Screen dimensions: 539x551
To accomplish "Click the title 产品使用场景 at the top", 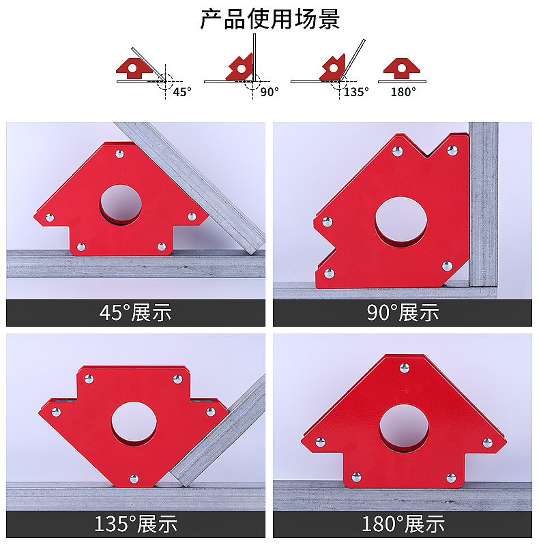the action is [x=269, y=18].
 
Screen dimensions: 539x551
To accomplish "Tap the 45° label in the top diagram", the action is [x=182, y=91].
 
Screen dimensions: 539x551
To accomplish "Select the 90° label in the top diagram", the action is [x=269, y=91].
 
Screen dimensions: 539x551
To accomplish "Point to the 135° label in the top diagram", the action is [x=356, y=91].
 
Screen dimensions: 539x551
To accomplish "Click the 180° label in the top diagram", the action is [x=403, y=91].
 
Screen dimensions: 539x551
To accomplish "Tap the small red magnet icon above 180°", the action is [x=402, y=68].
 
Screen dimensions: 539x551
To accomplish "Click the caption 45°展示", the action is [x=135, y=312].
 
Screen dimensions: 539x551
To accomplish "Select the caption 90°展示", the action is [x=403, y=312].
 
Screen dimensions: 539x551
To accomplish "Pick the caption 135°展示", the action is [x=135, y=524].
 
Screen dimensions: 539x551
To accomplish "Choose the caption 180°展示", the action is [x=403, y=524].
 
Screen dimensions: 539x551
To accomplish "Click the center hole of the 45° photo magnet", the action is [x=121, y=204].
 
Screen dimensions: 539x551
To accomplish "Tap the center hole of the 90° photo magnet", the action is [x=400, y=222].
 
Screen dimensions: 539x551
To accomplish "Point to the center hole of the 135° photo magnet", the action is [x=134, y=423].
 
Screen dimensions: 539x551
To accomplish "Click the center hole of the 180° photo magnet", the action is [x=404, y=428].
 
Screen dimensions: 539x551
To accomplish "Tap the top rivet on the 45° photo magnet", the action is [x=119, y=154].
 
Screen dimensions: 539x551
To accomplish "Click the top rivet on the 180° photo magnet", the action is [x=405, y=368].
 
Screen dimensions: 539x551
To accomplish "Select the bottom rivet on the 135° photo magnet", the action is [x=134, y=479].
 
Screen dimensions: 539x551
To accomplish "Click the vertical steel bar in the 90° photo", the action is [x=484, y=205].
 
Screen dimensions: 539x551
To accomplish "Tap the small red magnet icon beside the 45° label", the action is [x=134, y=68].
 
